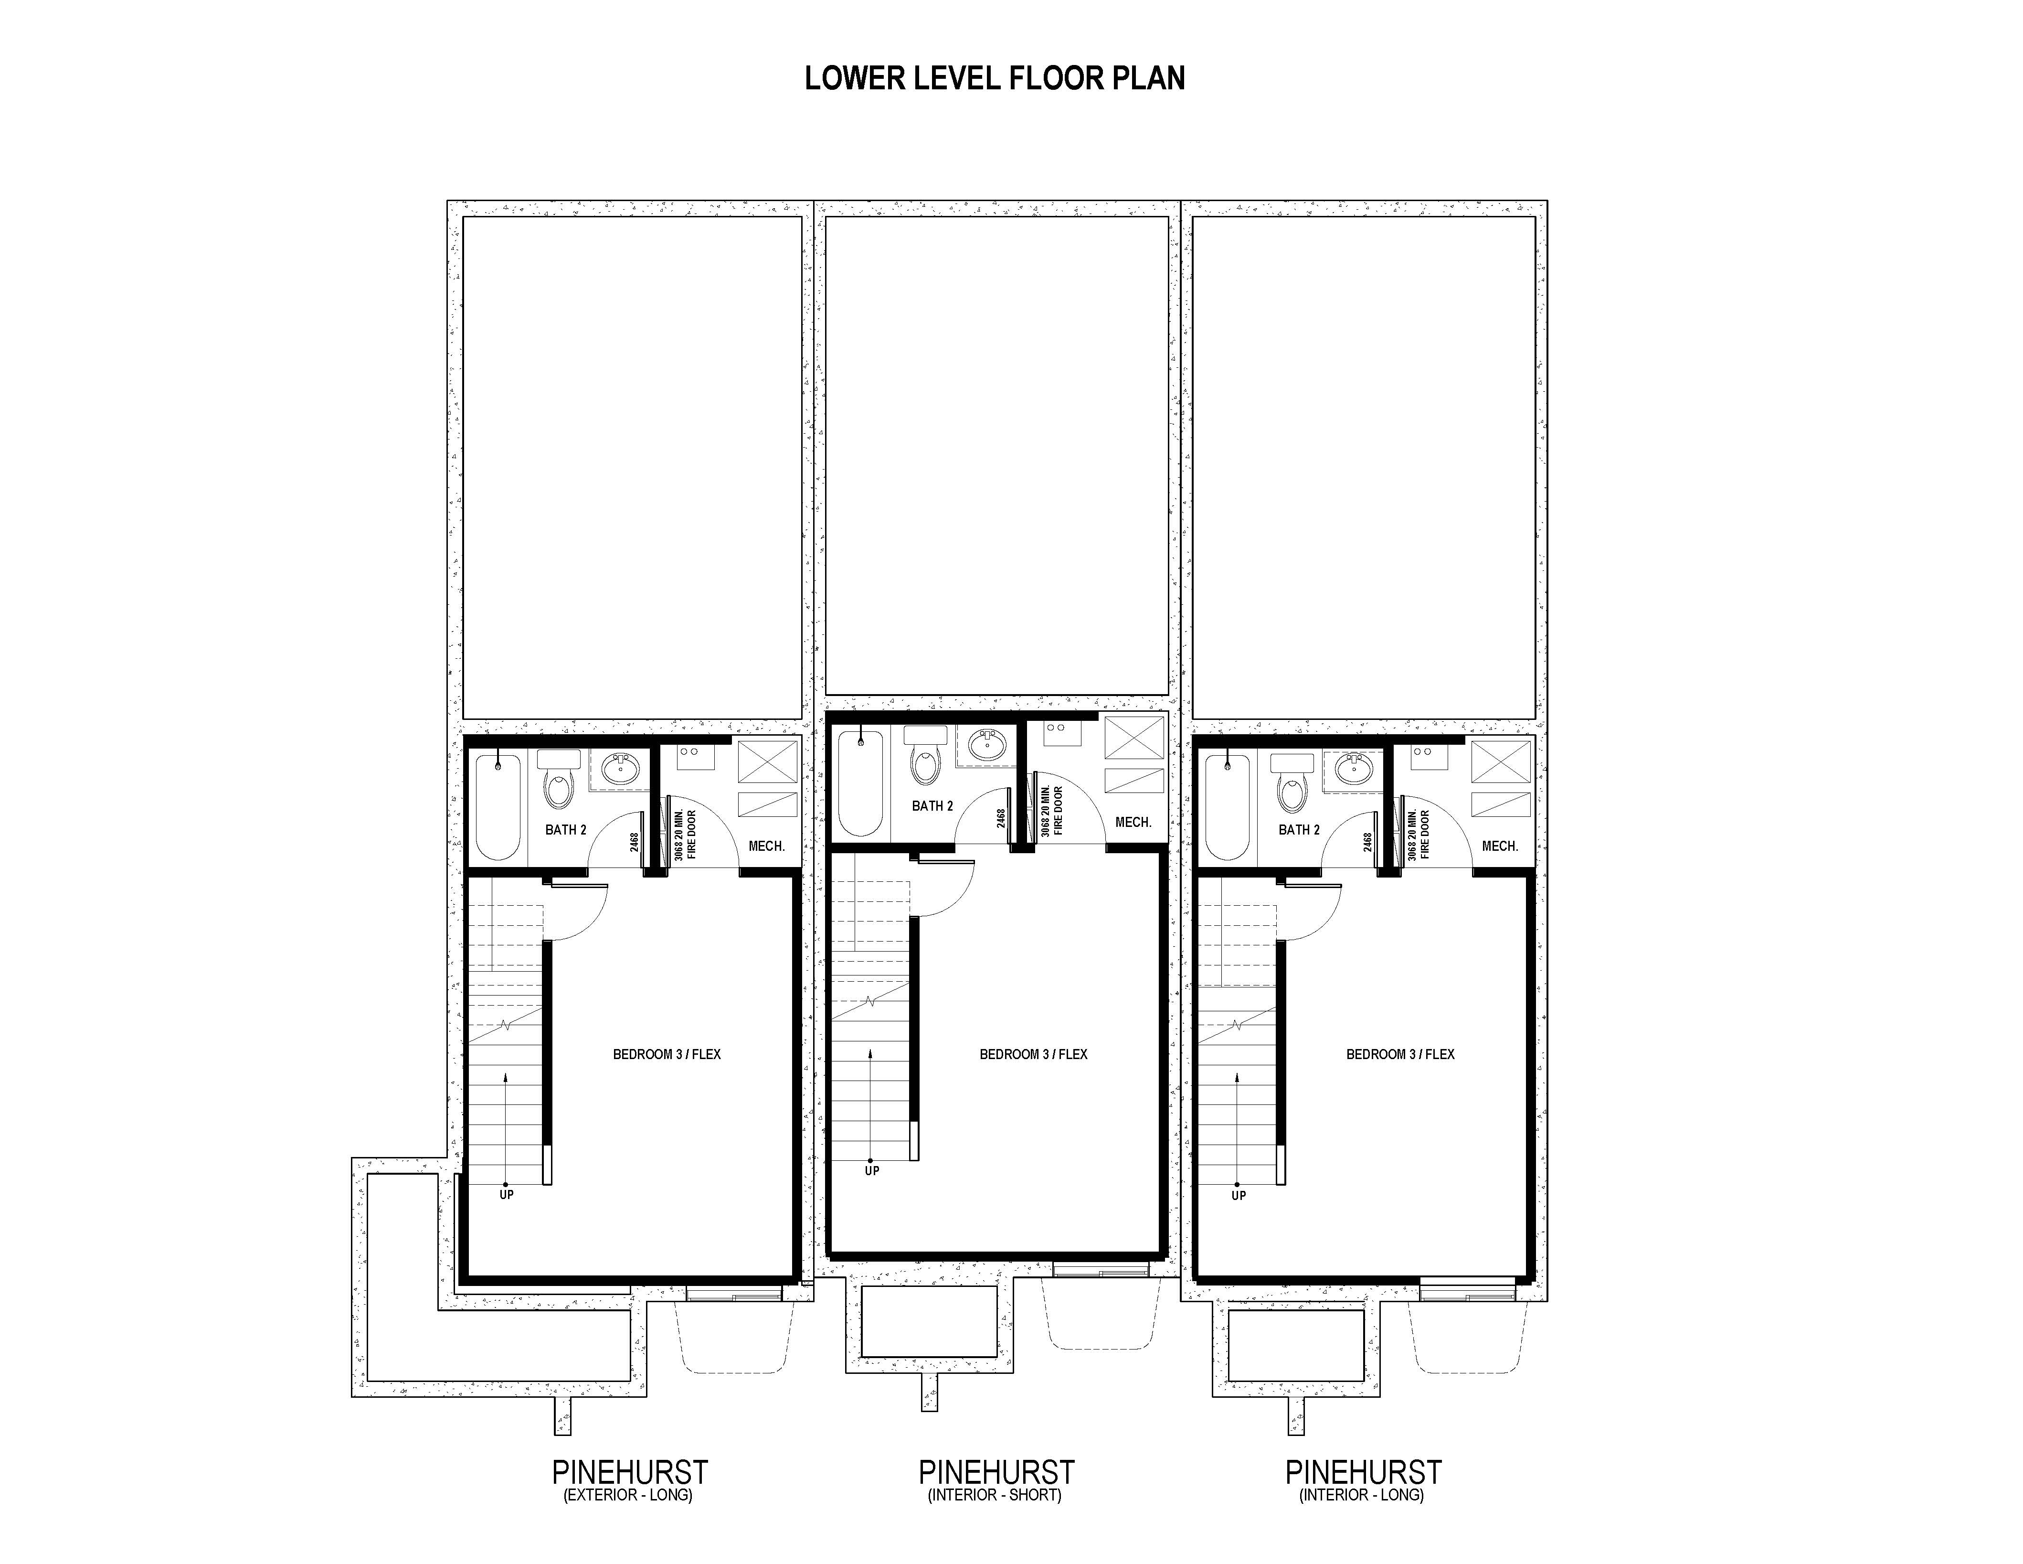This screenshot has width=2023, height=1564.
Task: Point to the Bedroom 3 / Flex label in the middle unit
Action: coord(1034,1054)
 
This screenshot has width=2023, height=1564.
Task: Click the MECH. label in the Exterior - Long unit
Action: coord(766,846)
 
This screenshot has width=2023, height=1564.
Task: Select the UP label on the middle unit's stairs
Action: coord(872,1171)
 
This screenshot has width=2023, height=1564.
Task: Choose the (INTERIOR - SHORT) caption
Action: coord(995,1495)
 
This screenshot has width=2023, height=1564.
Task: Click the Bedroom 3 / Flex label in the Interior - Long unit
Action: coord(1400,1054)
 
